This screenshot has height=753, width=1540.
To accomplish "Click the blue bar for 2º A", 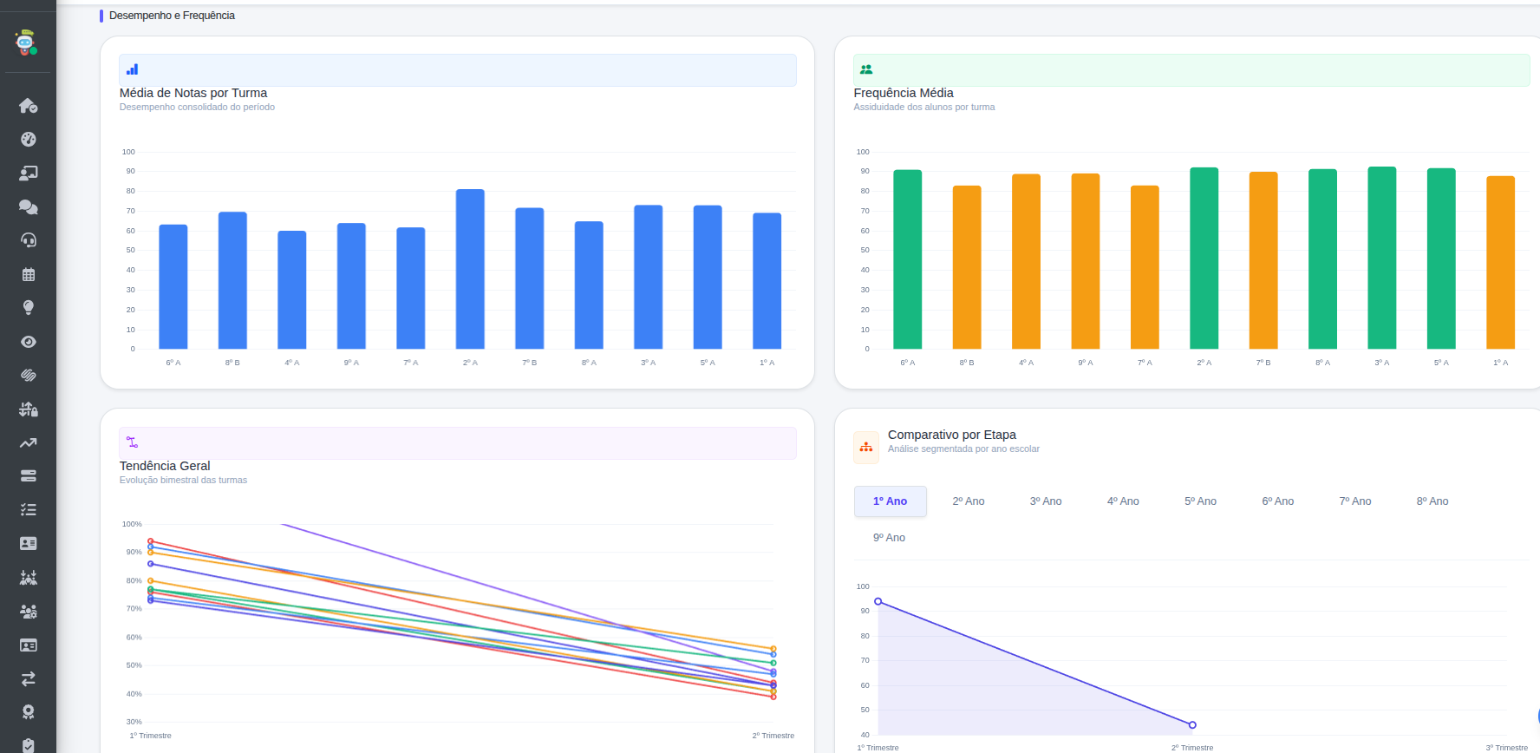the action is (470, 269).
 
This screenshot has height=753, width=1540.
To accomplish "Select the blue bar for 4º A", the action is (292, 290).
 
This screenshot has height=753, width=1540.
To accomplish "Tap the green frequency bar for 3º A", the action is (1382, 258).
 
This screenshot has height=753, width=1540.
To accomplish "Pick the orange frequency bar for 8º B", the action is (967, 267).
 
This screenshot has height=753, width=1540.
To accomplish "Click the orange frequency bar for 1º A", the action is (1501, 263).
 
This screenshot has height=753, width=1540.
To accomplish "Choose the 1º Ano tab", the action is (891, 501).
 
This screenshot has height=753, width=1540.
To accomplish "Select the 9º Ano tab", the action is (889, 538).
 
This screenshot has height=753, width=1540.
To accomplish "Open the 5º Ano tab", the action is (1201, 501).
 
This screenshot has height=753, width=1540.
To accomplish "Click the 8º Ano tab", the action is (1432, 501).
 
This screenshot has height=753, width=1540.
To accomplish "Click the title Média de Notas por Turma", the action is (193, 93).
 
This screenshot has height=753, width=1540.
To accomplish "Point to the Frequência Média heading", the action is (904, 93).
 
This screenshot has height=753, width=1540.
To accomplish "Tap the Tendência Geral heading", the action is (165, 466).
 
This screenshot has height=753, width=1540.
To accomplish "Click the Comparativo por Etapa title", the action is (952, 435).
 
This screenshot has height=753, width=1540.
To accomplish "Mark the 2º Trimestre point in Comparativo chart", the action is (1192, 725).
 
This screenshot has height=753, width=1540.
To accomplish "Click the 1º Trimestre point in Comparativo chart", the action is (878, 601).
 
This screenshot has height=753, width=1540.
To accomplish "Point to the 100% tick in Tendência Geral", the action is (132, 524).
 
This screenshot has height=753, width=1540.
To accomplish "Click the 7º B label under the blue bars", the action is (530, 363).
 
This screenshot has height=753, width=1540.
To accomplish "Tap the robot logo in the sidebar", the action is (27, 43).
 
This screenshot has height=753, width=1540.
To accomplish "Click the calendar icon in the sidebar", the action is (29, 274).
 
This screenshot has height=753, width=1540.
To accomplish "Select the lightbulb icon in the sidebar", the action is (29, 308).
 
